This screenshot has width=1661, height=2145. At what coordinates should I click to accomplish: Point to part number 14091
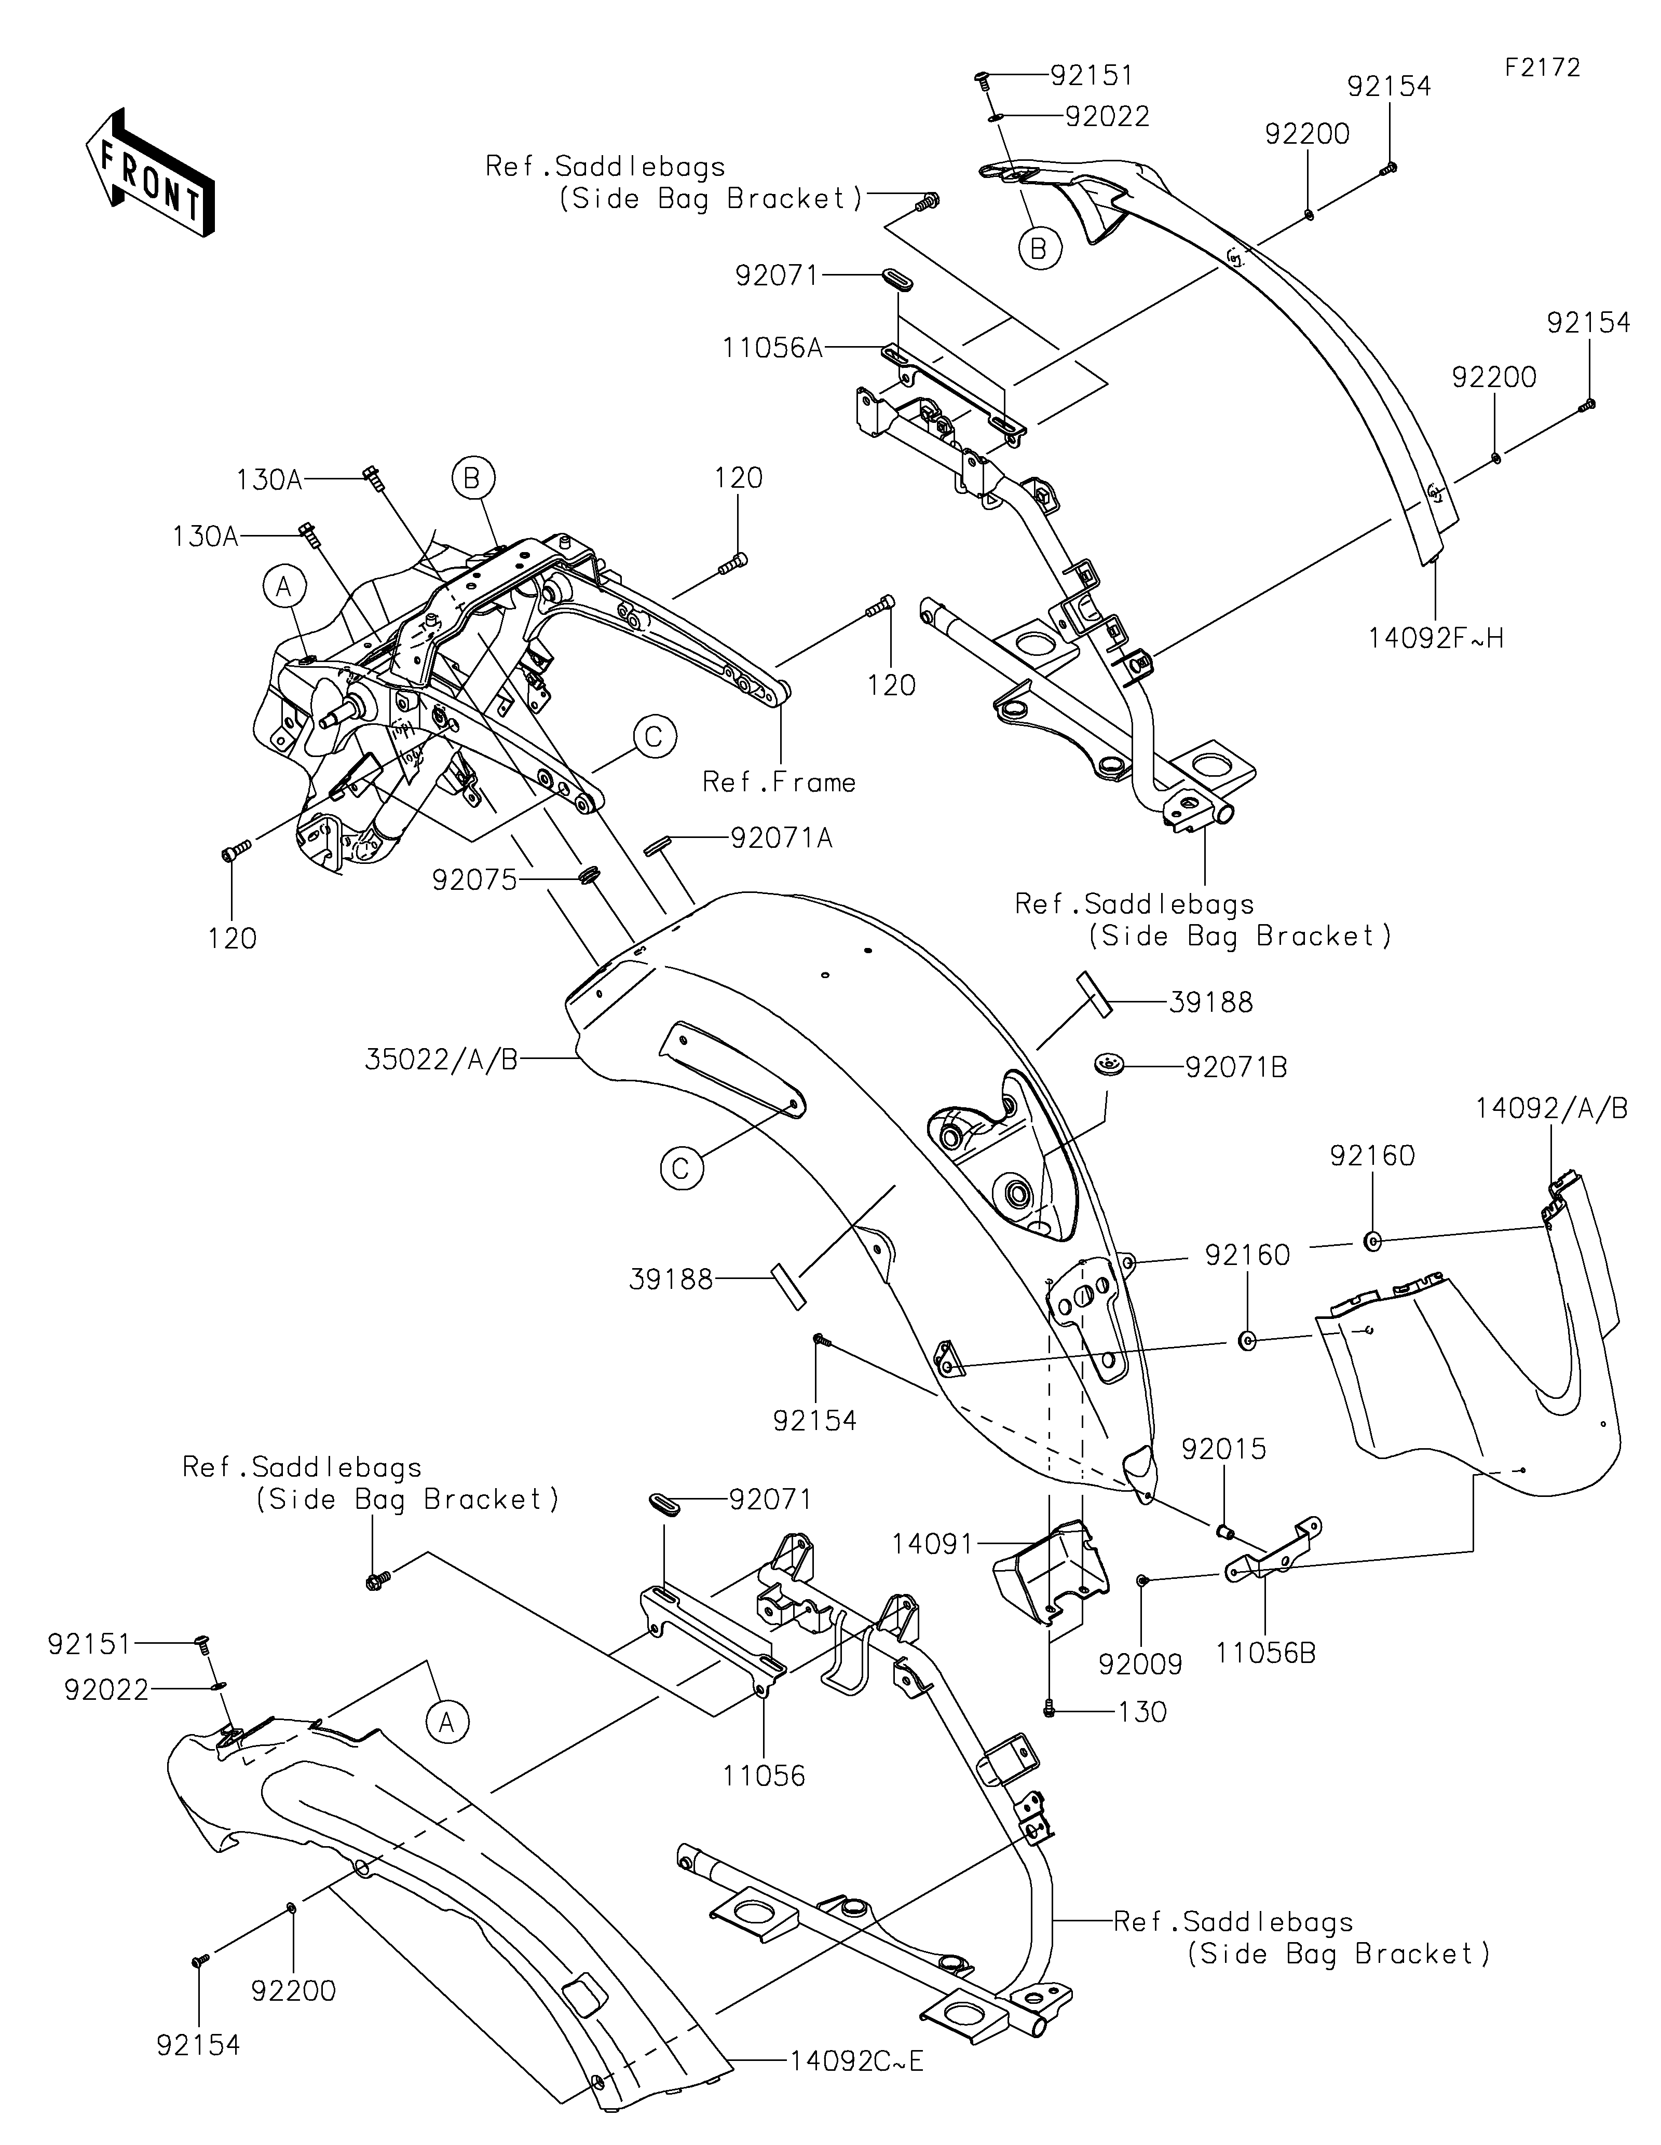pyautogui.click(x=932, y=1544)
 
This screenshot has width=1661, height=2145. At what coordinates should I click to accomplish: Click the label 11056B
pyautogui.click(x=1265, y=1653)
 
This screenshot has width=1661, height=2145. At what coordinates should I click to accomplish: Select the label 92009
pyautogui.click(x=1140, y=1663)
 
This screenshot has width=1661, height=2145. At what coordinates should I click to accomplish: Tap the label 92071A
pyautogui.click(x=781, y=838)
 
